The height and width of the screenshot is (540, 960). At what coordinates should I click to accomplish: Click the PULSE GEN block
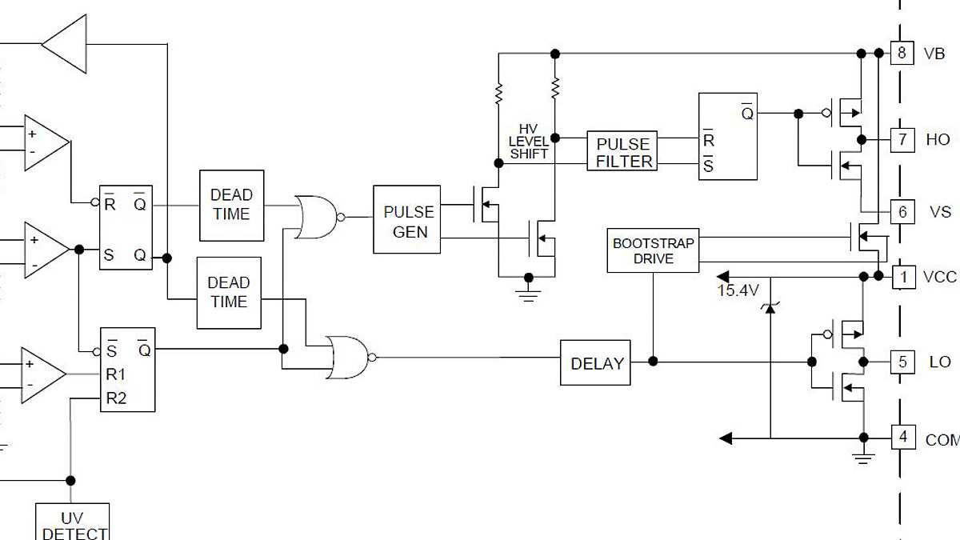coord(406,219)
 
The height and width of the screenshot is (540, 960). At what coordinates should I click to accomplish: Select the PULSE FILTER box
coord(622,151)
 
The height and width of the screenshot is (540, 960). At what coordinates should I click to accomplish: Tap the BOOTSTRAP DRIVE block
coord(653,250)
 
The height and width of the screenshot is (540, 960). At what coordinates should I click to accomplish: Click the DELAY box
coord(595,362)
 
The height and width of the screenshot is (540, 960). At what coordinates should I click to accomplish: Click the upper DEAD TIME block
coord(230,205)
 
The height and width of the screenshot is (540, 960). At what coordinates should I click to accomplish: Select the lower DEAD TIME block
coord(229,292)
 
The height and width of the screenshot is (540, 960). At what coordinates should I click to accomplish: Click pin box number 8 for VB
coord(902,54)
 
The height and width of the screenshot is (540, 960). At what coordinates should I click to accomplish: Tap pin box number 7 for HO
coord(902,139)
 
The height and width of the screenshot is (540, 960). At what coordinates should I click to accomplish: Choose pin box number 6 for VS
coord(902,212)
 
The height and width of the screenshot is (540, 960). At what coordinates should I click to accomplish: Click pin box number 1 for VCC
coord(903,277)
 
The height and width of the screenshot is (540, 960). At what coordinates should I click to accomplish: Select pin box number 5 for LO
coord(902,362)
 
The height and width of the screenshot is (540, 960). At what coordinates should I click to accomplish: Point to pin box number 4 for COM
coord(903,438)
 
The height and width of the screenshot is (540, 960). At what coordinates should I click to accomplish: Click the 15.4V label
coord(737,291)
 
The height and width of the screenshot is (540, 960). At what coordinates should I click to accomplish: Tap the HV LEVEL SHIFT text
coord(529,142)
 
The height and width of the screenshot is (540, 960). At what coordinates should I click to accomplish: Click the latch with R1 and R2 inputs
coord(127,370)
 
